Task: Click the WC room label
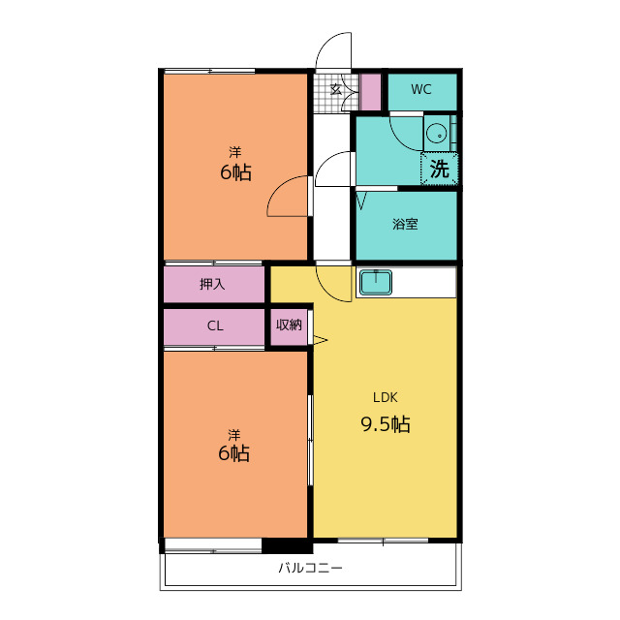click(x=420, y=89)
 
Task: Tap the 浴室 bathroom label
click(x=405, y=224)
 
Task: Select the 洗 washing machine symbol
click(x=439, y=169)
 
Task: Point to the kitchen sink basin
click(x=375, y=282)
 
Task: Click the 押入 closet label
click(x=212, y=284)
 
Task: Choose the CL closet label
click(x=215, y=325)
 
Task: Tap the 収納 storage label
click(x=289, y=325)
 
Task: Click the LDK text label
click(x=386, y=397)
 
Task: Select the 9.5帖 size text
click(x=386, y=424)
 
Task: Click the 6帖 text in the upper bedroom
click(x=235, y=172)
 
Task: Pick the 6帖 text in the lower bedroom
click(x=233, y=453)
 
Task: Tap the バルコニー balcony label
click(x=310, y=569)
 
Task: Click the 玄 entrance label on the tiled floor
click(x=336, y=90)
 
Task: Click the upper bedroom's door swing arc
click(x=277, y=188)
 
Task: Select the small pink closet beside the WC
click(x=370, y=93)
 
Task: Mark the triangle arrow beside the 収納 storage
click(x=321, y=340)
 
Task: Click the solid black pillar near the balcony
click(x=287, y=546)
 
